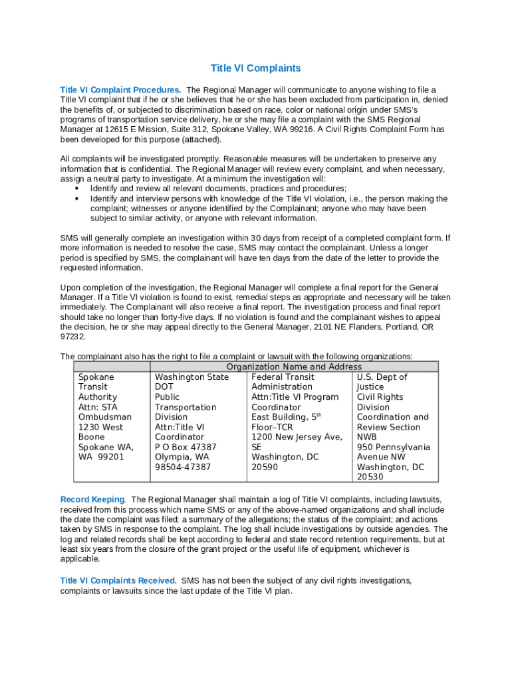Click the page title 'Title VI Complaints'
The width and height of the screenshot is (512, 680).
pyautogui.click(x=255, y=68)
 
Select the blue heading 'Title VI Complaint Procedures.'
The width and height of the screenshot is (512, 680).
pyautogui.click(x=120, y=90)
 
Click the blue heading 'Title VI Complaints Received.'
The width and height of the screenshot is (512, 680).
pyautogui.click(x=118, y=580)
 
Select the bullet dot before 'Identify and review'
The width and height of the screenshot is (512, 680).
pyautogui.click(x=78, y=189)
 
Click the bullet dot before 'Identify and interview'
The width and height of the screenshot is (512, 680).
pyautogui.click(x=78, y=199)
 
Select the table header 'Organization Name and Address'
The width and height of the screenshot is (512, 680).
pyautogui.click(x=294, y=367)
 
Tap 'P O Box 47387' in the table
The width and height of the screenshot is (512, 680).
pyautogui.click(x=186, y=447)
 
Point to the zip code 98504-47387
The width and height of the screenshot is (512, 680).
pyautogui.click(x=183, y=467)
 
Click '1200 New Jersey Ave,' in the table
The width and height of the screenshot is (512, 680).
pyautogui.click(x=297, y=437)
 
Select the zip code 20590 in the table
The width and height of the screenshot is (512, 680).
pyautogui.click(x=265, y=467)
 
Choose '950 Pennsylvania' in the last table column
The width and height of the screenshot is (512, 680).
pyautogui.click(x=393, y=447)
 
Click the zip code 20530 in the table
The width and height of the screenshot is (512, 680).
pyautogui.click(x=370, y=477)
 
